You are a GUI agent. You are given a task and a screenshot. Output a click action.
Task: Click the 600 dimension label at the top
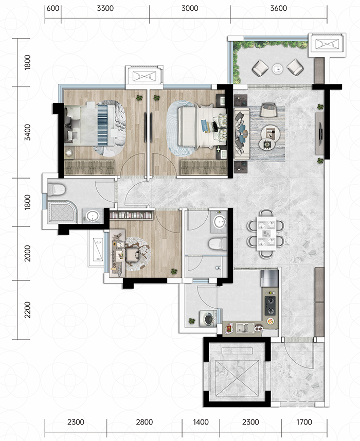click(x=53, y=8)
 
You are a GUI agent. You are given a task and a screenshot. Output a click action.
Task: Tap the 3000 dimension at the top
click(x=190, y=8)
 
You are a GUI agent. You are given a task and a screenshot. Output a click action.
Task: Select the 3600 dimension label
click(x=279, y=8)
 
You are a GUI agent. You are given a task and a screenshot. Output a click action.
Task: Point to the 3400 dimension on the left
click(x=27, y=132)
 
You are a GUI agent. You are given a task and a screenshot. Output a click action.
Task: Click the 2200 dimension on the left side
click(x=27, y=310)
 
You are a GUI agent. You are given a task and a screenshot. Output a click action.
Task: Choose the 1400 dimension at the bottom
click(x=201, y=422)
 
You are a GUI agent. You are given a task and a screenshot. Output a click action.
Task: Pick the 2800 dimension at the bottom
click(x=144, y=422)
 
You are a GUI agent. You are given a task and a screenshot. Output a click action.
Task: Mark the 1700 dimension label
click(x=304, y=422)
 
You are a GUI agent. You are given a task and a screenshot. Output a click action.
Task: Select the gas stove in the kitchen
click(x=270, y=305)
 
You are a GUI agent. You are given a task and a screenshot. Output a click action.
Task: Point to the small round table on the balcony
click(x=277, y=68)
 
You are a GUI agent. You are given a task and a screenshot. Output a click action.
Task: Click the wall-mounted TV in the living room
click(x=320, y=133)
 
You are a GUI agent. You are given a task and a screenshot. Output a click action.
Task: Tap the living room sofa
click(x=242, y=134)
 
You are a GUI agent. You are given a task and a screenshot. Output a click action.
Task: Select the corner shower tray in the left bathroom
click(x=62, y=211)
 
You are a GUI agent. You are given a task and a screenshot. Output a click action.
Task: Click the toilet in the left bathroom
click(x=56, y=189)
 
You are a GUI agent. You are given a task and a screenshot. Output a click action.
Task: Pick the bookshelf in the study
click(x=132, y=216)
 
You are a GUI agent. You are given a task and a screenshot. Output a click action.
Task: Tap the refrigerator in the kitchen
click(x=269, y=278)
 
